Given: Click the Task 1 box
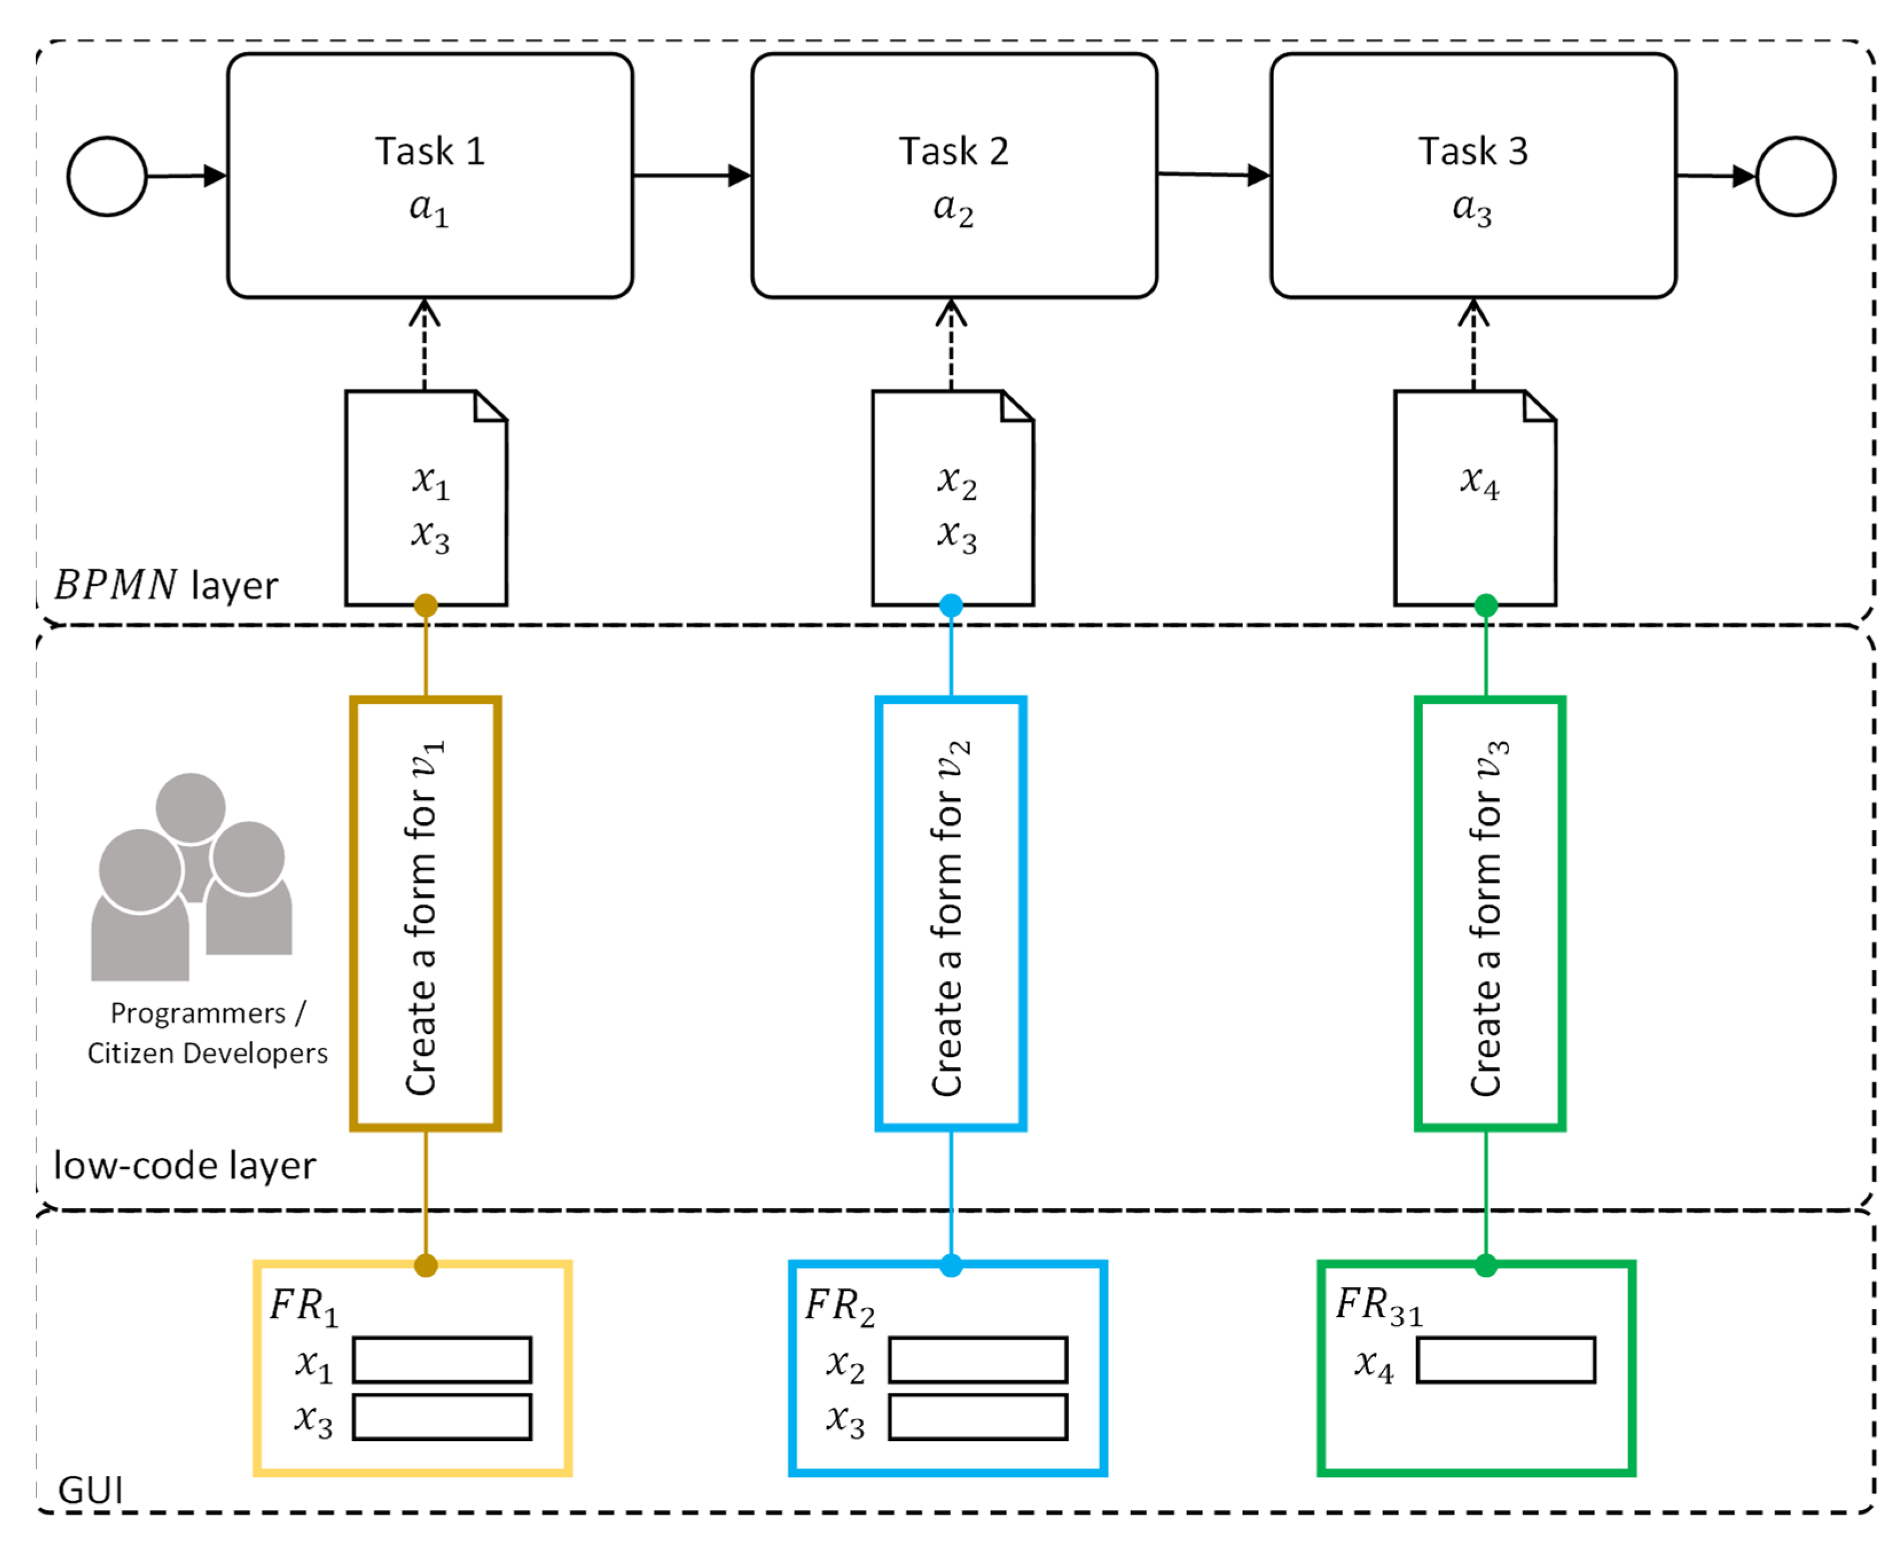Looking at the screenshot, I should pyautogui.click(x=430, y=175).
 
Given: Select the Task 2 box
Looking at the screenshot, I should pyautogui.click(x=954, y=175).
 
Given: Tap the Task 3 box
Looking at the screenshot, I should pyautogui.click(x=1472, y=175).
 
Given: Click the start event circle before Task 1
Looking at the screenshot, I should pyautogui.click(x=107, y=176).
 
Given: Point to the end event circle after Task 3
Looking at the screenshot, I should pyautogui.click(x=1795, y=176).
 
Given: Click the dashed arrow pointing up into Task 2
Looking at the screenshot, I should pyautogui.click(x=951, y=347).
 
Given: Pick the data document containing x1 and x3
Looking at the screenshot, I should pyautogui.click(x=425, y=498).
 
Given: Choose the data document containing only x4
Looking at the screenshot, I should pyautogui.click(x=1474, y=498).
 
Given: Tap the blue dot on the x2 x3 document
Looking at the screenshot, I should pyautogui.click(x=951, y=606).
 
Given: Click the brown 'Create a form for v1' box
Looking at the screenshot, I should pyautogui.click(x=425, y=913).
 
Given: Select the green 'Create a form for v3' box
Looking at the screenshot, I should pyautogui.click(x=1489, y=913).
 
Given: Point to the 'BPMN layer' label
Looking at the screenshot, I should pyautogui.click(x=166, y=585).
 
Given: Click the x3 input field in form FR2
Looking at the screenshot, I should pyautogui.click(x=978, y=1417).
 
